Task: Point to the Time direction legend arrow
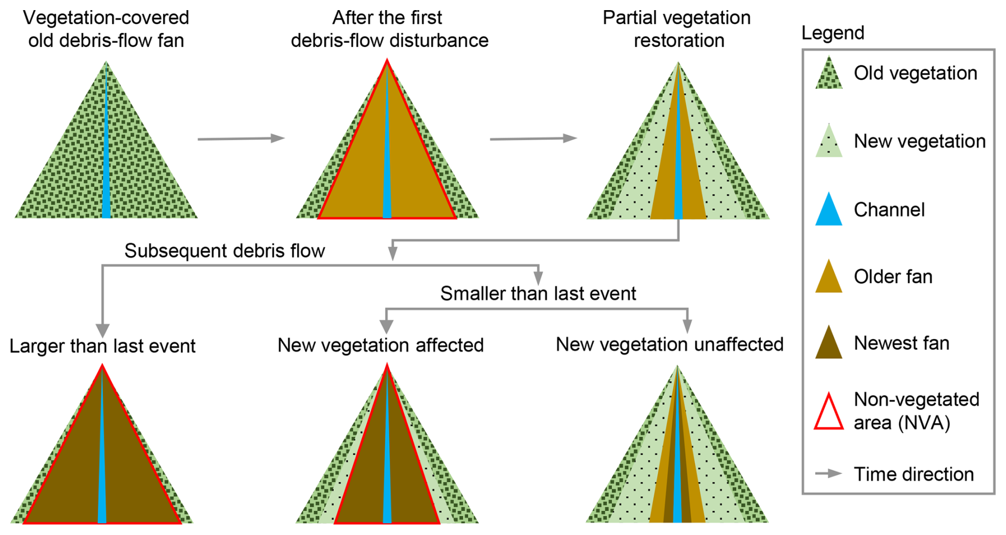coord(828,473)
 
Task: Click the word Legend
coord(833,33)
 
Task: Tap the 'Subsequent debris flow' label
coord(224,251)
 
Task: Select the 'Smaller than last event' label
coord(538,293)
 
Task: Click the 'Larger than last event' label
coord(103,346)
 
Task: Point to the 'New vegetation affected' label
coord(381,345)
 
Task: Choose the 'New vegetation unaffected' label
coord(669,344)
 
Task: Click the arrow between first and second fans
coord(241,139)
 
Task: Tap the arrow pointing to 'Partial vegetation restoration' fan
coord(533,138)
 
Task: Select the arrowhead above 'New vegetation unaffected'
coord(687,326)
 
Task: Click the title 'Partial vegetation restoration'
coord(677,29)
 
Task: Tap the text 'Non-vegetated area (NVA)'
coord(916,411)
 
